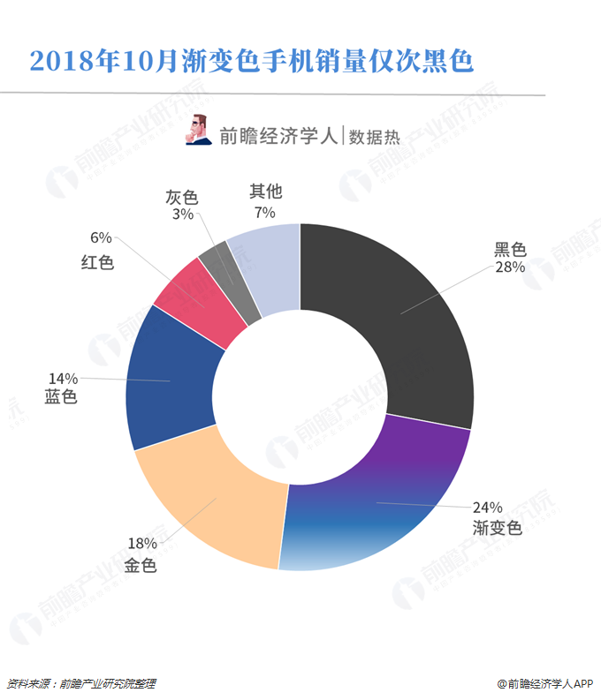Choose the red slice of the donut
(199, 296)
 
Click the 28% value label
(510, 267)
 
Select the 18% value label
(141, 544)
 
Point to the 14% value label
(62, 380)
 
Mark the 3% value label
(183, 215)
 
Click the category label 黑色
(510, 249)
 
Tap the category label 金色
(141, 565)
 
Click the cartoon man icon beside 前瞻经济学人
(198, 129)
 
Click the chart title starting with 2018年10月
(252, 61)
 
